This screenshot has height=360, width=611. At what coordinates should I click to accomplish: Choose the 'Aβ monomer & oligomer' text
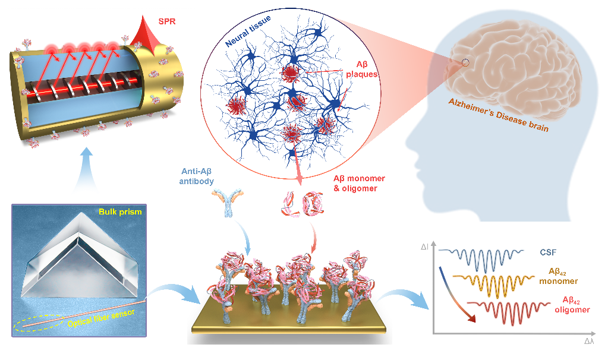358,183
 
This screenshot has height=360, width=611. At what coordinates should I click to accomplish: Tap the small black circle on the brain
465,62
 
